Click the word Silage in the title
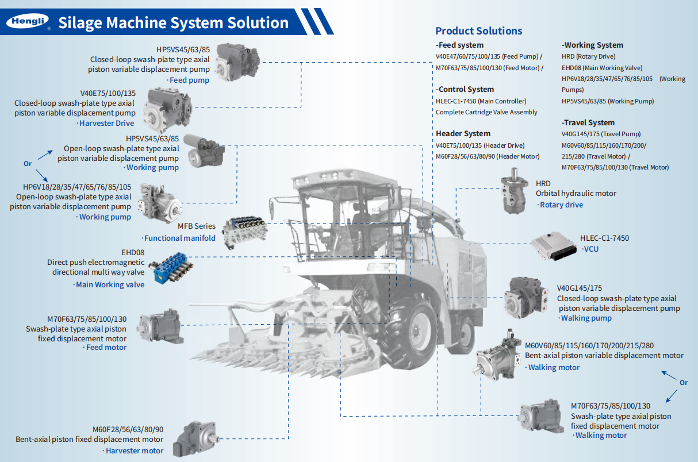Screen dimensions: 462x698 [81, 23]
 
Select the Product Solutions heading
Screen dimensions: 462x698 [478, 31]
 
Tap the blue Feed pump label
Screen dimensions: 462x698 [190, 80]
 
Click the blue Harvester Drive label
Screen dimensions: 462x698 [106, 123]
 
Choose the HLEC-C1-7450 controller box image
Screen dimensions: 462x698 [553, 246]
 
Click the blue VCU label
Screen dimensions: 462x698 [591, 249]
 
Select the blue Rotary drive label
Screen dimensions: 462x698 [561, 205]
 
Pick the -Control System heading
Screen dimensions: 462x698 [465, 89]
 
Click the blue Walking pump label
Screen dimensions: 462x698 [586, 318]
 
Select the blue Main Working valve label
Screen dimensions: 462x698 [110, 284]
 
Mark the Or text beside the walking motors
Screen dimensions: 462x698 [684, 382]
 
